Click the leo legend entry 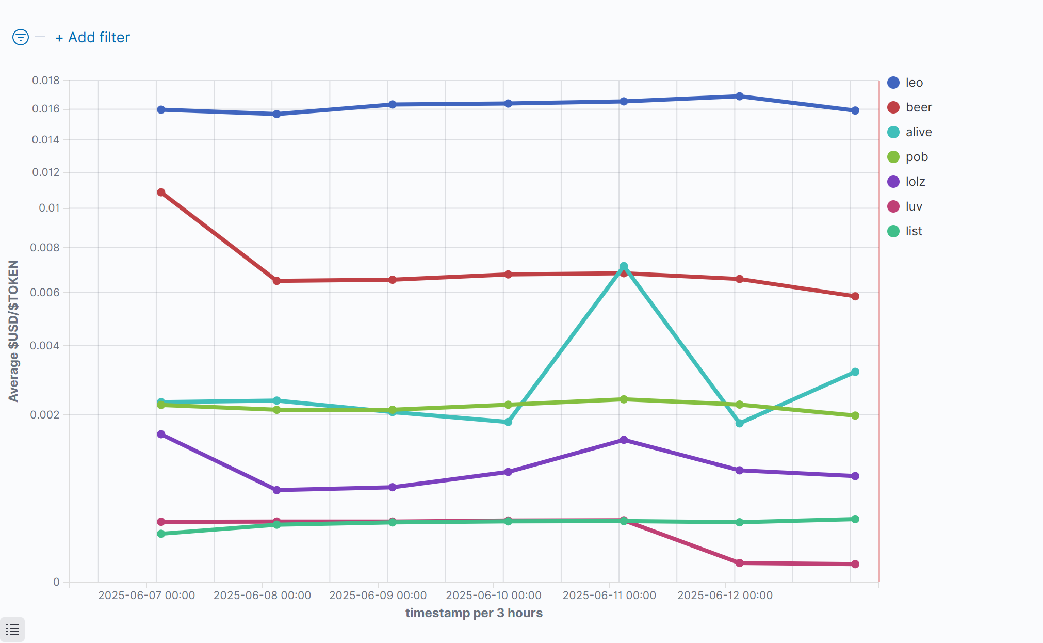(x=914, y=83)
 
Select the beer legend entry (x=918, y=107)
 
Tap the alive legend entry (x=918, y=132)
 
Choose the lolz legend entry (x=915, y=182)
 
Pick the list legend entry (x=914, y=231)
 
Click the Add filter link (x=93, y=38)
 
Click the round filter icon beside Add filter (x=21, y=37)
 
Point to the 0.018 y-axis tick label (x=46, y=81)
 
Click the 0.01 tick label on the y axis (x=49, y=208)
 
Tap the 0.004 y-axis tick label (x=45, y=346)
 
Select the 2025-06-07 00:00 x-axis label (x=146, y=596)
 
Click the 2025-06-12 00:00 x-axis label (x=725, y=596)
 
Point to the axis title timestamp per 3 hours (x=474, y=613)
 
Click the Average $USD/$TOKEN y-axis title (x=13, y=331)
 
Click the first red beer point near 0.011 (x=161, y=192)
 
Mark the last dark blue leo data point (x=855, y=110)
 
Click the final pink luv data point (x=855, y=564)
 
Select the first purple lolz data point (x=161, y=435)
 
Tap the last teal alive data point (x=855, y=372)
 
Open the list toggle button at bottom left (x=12, y=630)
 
